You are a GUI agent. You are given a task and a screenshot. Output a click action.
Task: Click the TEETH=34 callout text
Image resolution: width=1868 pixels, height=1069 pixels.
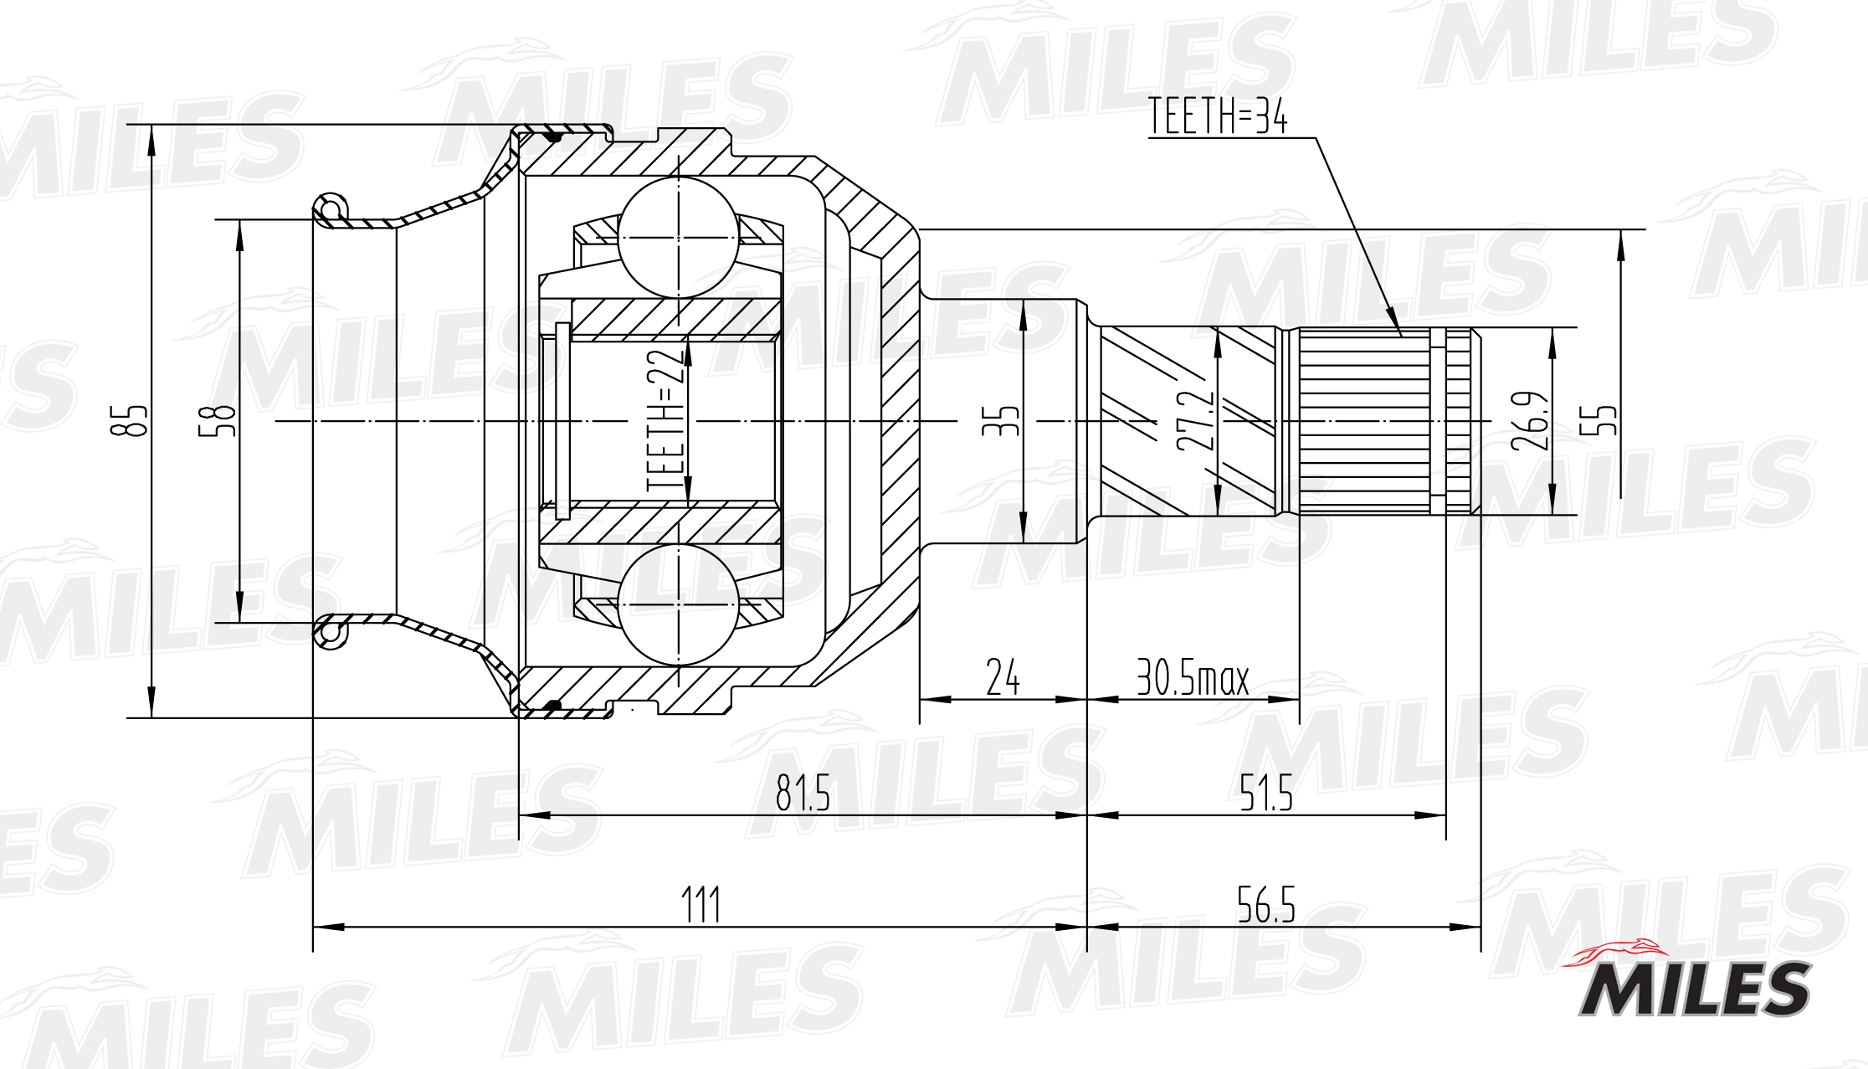click(1218, 116)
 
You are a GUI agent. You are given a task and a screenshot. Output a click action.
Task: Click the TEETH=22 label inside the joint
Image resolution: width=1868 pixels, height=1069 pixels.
click(666, 420)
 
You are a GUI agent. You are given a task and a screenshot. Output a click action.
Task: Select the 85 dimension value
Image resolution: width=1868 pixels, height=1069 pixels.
click(130, 420)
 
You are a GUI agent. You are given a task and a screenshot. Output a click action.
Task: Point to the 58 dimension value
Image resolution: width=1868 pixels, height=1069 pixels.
click(218, 420)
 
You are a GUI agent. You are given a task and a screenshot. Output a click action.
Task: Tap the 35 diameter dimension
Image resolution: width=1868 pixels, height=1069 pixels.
click(1001, 420)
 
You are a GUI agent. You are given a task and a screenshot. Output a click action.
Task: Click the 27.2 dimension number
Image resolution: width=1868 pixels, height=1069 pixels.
click(1195, 420)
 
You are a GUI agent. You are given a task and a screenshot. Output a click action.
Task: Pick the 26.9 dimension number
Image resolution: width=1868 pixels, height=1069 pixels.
click(1530, 420)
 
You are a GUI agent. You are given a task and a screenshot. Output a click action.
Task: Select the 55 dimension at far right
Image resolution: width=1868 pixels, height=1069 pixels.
click(1598, 420)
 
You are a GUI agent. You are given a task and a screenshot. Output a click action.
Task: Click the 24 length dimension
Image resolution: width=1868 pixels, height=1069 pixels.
click(1003, 677)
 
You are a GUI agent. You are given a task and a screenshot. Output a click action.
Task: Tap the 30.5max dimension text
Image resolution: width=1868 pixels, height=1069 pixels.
click(1193, 677)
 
